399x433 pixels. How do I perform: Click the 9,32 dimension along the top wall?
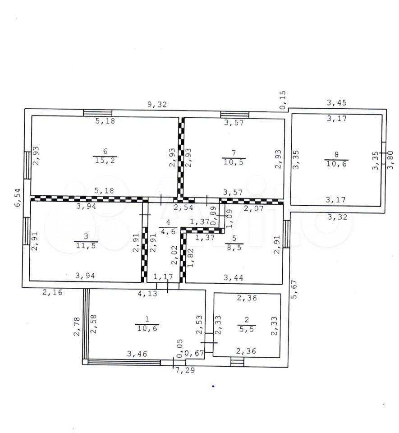point(157,104)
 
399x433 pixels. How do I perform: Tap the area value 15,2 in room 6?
point(105,160)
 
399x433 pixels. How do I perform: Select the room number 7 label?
point(234,153)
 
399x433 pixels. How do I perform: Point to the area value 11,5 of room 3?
point(86,245)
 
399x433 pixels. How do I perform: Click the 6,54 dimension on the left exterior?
point(18,197)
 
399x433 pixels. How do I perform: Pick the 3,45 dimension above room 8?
point(337,103)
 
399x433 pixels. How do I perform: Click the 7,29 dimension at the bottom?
point(185,370)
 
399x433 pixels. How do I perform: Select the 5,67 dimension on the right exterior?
point(294,289)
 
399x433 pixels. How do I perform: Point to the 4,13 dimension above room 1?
point(147,293)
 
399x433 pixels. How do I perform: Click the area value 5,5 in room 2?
point(247,329)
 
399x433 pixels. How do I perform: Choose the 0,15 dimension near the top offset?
point(282,100)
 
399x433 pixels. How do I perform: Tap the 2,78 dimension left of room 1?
point(77,326)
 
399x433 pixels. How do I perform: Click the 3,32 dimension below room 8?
point(337,217)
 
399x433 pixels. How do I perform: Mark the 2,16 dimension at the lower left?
point(52,292)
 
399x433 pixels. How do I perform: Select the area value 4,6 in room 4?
point(168,231)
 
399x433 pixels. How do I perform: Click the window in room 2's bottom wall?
point(237,362)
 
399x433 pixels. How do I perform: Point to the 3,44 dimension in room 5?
point(234,277)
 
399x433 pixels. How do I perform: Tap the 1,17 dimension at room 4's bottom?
point(163,276)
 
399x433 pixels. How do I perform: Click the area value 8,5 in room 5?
point(234,247)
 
